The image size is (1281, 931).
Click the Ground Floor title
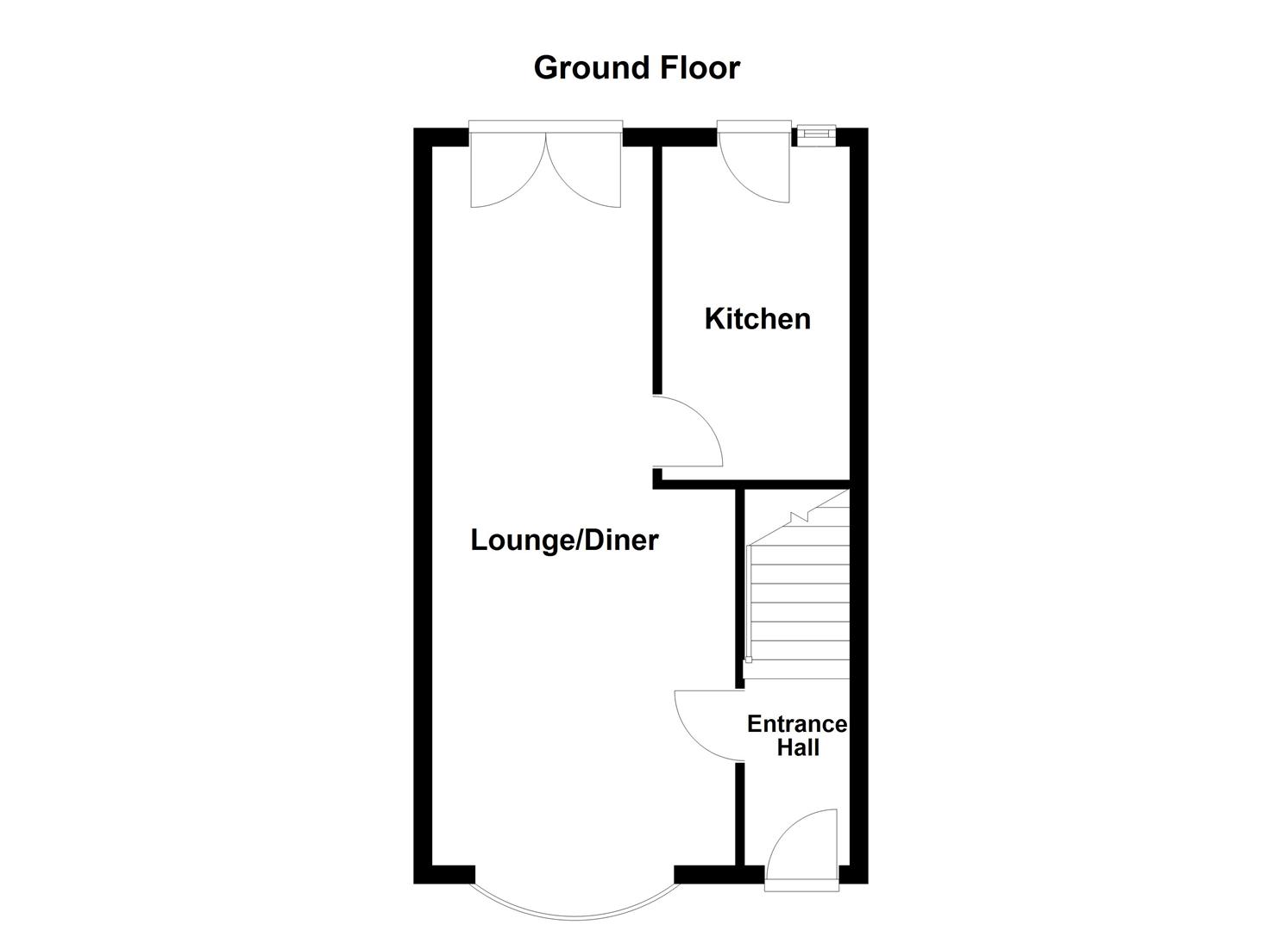tap(637, 67)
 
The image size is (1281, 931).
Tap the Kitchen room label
tap(757, 319)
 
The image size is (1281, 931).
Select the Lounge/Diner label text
tap(564, 540)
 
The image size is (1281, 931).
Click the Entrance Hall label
tap(797, 735)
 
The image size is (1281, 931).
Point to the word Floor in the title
tap(697, 67)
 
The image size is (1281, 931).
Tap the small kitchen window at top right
tap(815, 133)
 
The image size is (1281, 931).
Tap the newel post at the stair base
tap(748, 660)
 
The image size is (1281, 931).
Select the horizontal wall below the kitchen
tap(750, 484)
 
